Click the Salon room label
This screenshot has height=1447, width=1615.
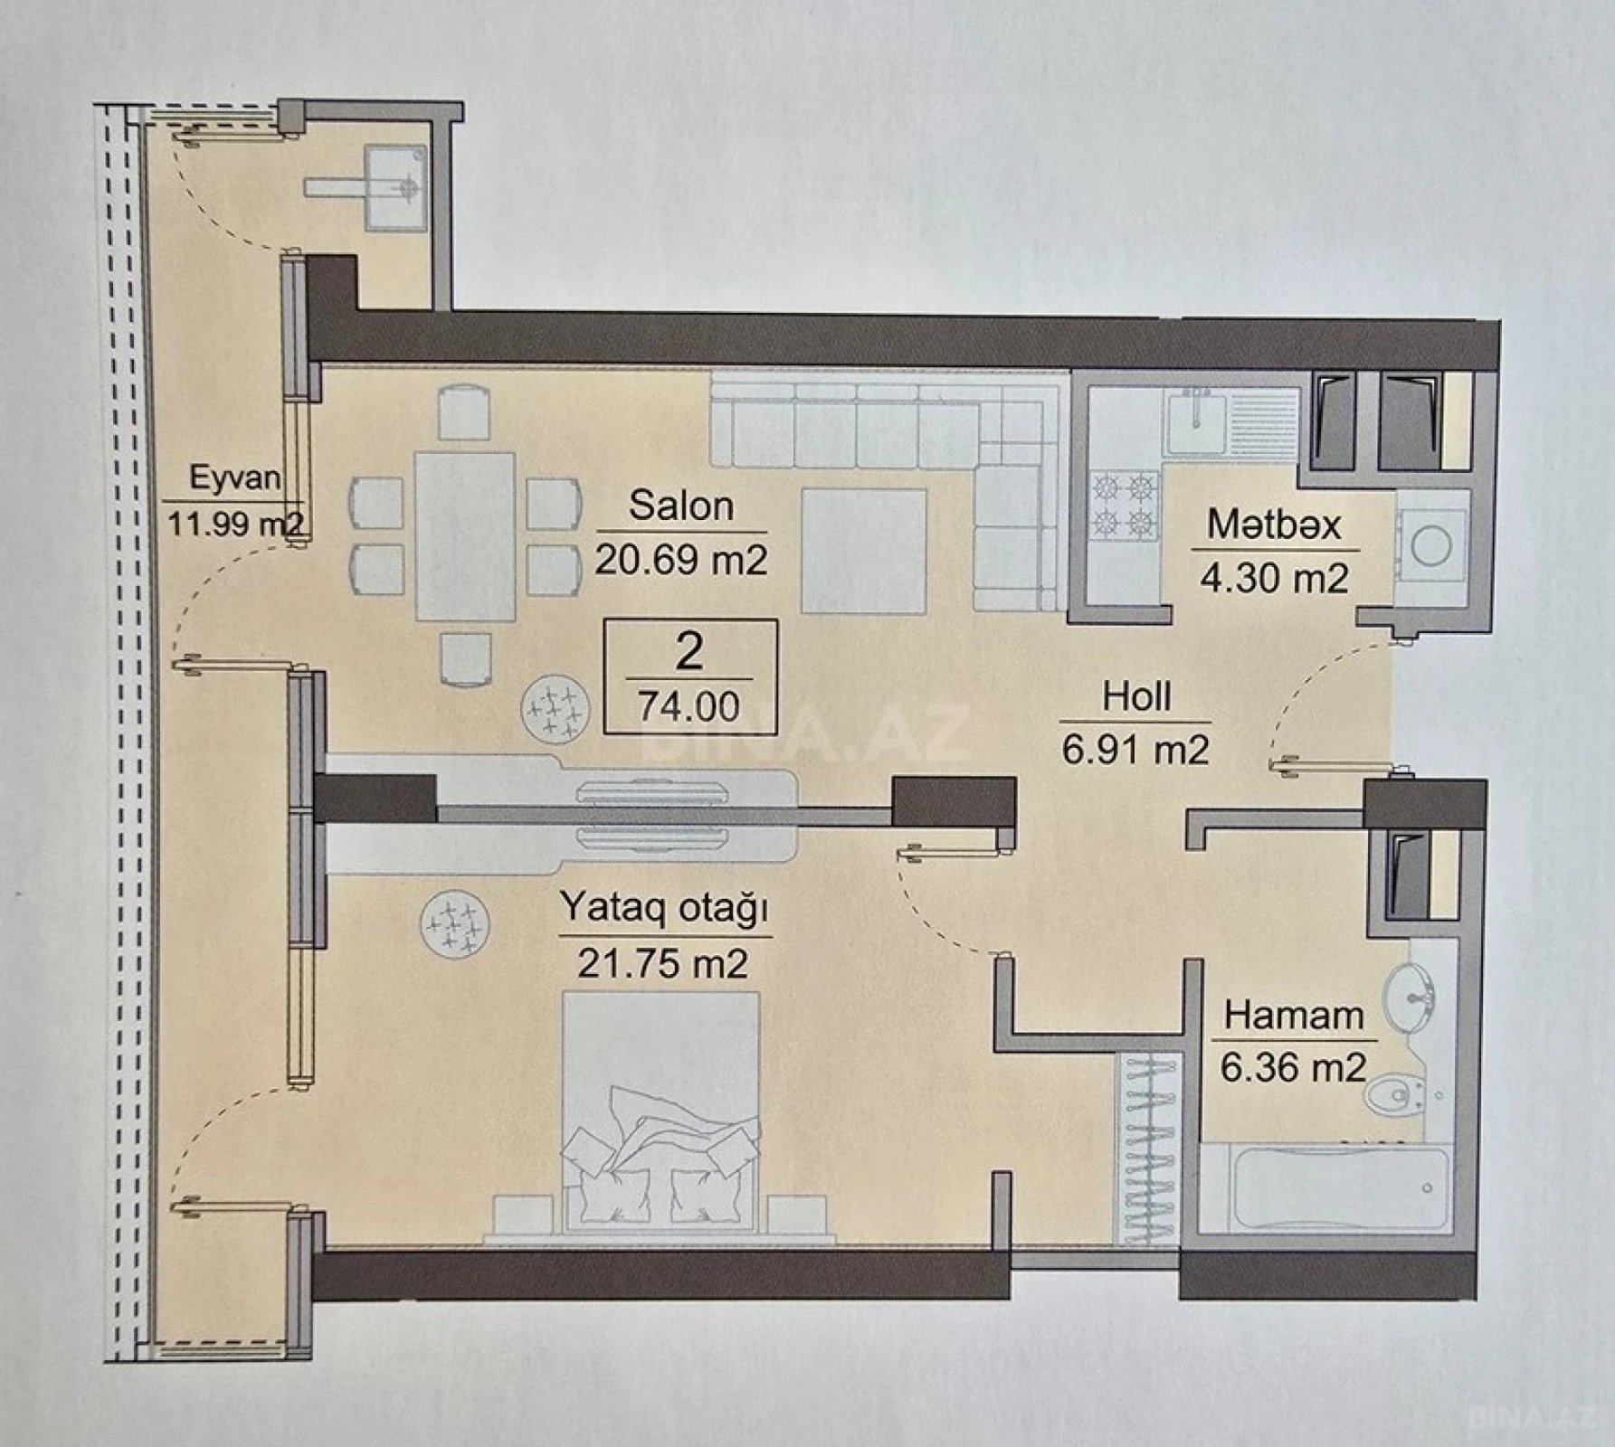click(680, 506)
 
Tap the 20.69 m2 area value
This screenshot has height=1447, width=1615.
click(680, 560)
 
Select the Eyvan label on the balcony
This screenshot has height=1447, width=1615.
click(234, 478)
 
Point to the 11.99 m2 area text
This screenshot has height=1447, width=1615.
click(234, 524)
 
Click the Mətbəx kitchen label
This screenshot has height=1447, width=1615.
click(1274, 525)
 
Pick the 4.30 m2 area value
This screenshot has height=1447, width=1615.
click(1274, 578)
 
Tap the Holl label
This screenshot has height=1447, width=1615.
click(1136, 697)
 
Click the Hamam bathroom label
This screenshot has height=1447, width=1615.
click(1294, 1016)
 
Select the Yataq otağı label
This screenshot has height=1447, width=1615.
click(664, 908)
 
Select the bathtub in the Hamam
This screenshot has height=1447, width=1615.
click(1326, 1187)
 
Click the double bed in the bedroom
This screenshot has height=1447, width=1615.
click(660, 1112)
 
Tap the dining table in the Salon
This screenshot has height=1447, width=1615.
click(465, 536)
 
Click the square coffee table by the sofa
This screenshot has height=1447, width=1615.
click(863, 550)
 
